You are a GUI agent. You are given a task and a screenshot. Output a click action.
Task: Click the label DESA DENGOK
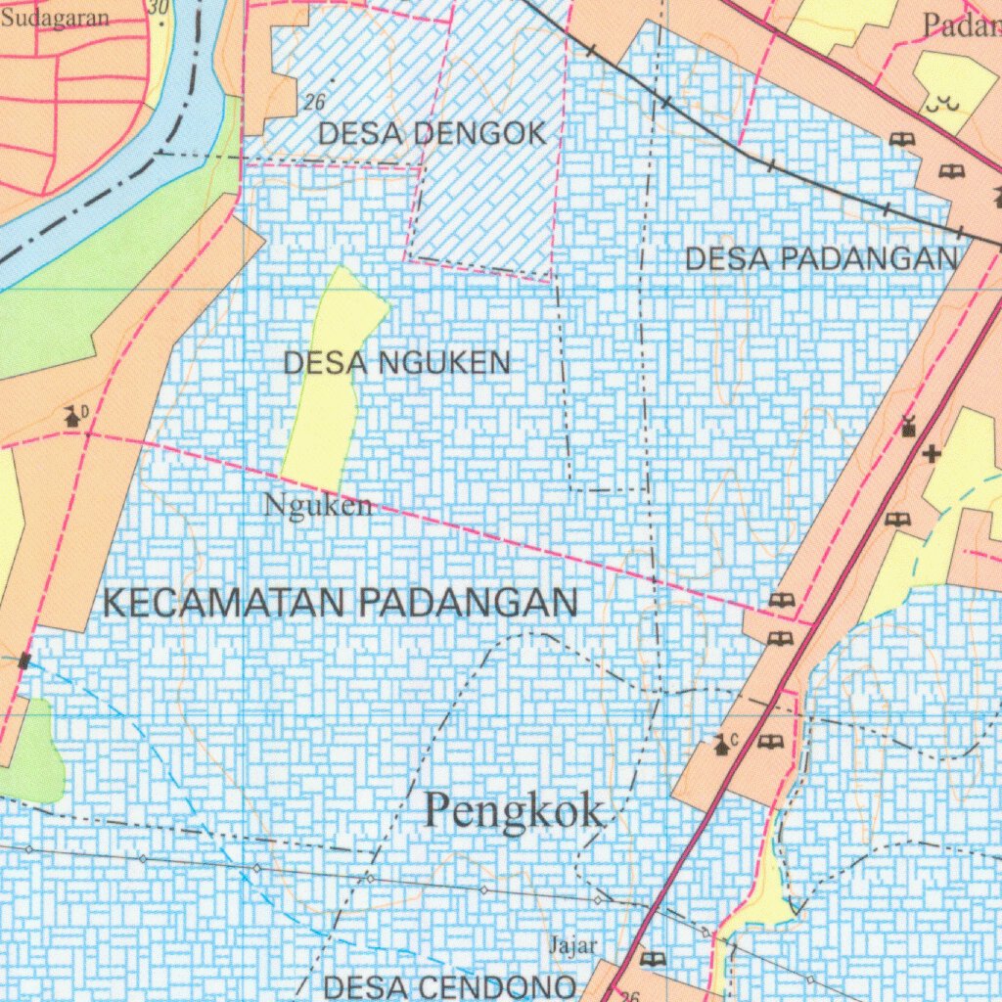432,134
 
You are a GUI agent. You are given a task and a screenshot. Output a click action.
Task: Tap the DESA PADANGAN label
820,259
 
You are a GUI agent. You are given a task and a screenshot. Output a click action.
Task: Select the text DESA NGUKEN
396,364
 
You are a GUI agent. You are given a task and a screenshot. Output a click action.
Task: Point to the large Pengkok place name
515,811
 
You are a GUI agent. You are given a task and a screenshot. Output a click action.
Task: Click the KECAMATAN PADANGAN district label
340,603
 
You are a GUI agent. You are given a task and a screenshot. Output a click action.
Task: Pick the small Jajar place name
572,945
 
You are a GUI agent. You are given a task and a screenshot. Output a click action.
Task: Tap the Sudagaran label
55,19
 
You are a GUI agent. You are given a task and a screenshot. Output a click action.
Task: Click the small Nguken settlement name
318,506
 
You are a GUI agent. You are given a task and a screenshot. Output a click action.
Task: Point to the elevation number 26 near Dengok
314,102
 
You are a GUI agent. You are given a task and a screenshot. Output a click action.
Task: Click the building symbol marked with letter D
73,416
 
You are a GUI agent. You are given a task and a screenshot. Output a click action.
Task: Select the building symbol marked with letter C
723,746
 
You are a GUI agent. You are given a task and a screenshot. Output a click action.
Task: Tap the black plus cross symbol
933,453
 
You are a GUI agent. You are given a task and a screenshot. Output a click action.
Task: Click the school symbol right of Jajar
653,958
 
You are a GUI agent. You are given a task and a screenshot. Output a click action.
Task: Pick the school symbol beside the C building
770,742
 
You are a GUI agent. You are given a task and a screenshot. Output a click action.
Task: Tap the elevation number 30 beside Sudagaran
159,7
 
